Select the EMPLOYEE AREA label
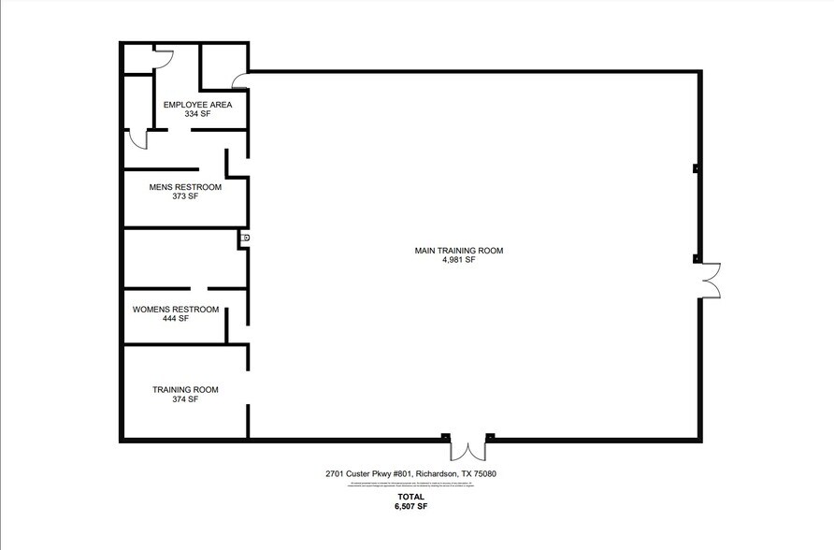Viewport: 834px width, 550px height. click(x=197, y=104)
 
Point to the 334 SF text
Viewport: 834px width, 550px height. click(x=197, y=113)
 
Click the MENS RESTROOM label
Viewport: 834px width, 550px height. click(x=185, y=187)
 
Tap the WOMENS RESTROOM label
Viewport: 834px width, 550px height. click(x=176, y=310)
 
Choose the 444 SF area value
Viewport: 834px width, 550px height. click(x=176, y=319)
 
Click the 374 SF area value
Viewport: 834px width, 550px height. click(x=185, y=399)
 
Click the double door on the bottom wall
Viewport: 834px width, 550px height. click(x=467, y=449)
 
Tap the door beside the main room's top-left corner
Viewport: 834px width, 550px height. click(x=240, y=81)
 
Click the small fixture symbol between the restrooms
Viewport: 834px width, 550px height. click(x=246, y=239)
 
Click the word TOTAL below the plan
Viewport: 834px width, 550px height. click(x=410, y=497)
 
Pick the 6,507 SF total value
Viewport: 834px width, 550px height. click(x=410, y=506)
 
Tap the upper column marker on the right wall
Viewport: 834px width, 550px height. click(x=695, y=169)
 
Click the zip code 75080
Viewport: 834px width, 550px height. click(x=484, y=474)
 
